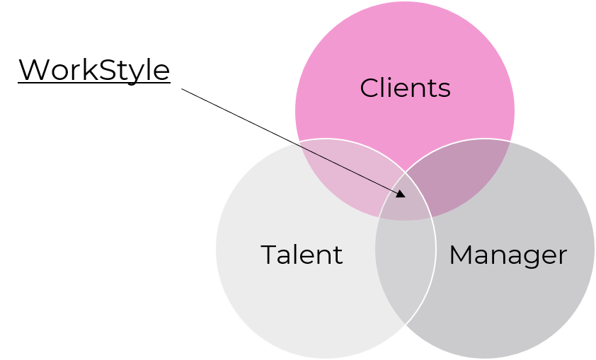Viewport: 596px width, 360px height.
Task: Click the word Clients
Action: pyautogui.click(x=405, y=88)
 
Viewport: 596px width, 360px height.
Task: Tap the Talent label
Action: pyautogui.click(x=302, y=255)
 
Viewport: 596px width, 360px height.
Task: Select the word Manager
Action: pyautogui.click(x=508, y=255)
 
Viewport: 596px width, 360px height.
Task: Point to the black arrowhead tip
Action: pyautogui.click(x=404, y=196)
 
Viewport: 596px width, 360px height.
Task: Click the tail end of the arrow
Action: pyautogui.click(x=293, y=144)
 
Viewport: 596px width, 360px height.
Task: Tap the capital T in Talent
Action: pyautogui.click(x=270, y=255)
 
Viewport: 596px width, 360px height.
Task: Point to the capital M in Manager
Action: pyautogui.click(x=462, y=255)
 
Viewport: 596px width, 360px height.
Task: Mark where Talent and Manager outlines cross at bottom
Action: pyautogui.click(x=405, y=324)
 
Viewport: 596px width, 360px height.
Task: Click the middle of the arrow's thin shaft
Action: pyautogui.click(x=347, y=169)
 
